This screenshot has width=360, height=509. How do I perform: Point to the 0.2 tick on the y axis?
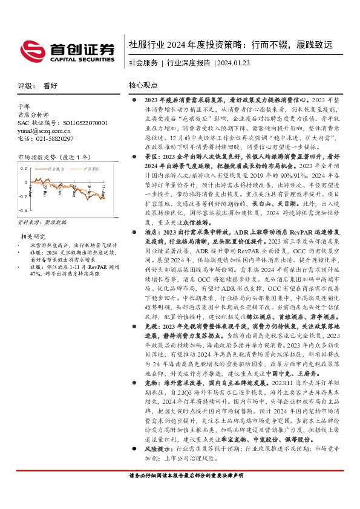click(23, 167)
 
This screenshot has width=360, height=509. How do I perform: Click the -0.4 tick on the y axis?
click(22, 209)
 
